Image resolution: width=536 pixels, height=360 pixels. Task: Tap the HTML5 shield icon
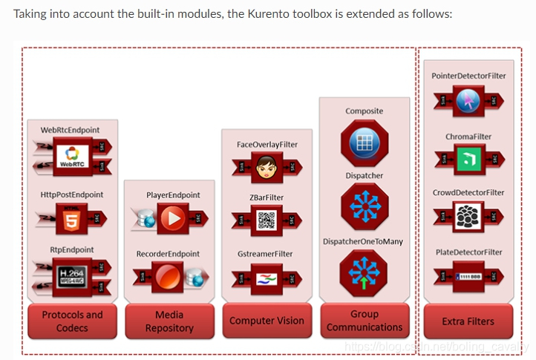point(72,218)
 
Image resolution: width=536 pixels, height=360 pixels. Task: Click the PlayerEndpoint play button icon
point(172,218)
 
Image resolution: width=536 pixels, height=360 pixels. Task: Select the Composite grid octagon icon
point(365,144)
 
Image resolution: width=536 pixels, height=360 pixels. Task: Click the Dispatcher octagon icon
point(365,206)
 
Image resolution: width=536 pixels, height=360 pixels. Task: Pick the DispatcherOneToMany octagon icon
point(365,269)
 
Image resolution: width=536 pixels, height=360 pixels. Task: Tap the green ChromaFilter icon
point(468,159)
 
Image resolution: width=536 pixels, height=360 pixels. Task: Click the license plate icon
point(468,276)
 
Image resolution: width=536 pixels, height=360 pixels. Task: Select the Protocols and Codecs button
point(72,321)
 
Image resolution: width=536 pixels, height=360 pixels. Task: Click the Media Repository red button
point(169,321)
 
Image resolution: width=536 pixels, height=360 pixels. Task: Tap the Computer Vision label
point(267,321)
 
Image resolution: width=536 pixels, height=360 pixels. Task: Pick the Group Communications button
point(365,321)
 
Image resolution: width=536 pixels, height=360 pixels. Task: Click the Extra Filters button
point(468,321)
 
